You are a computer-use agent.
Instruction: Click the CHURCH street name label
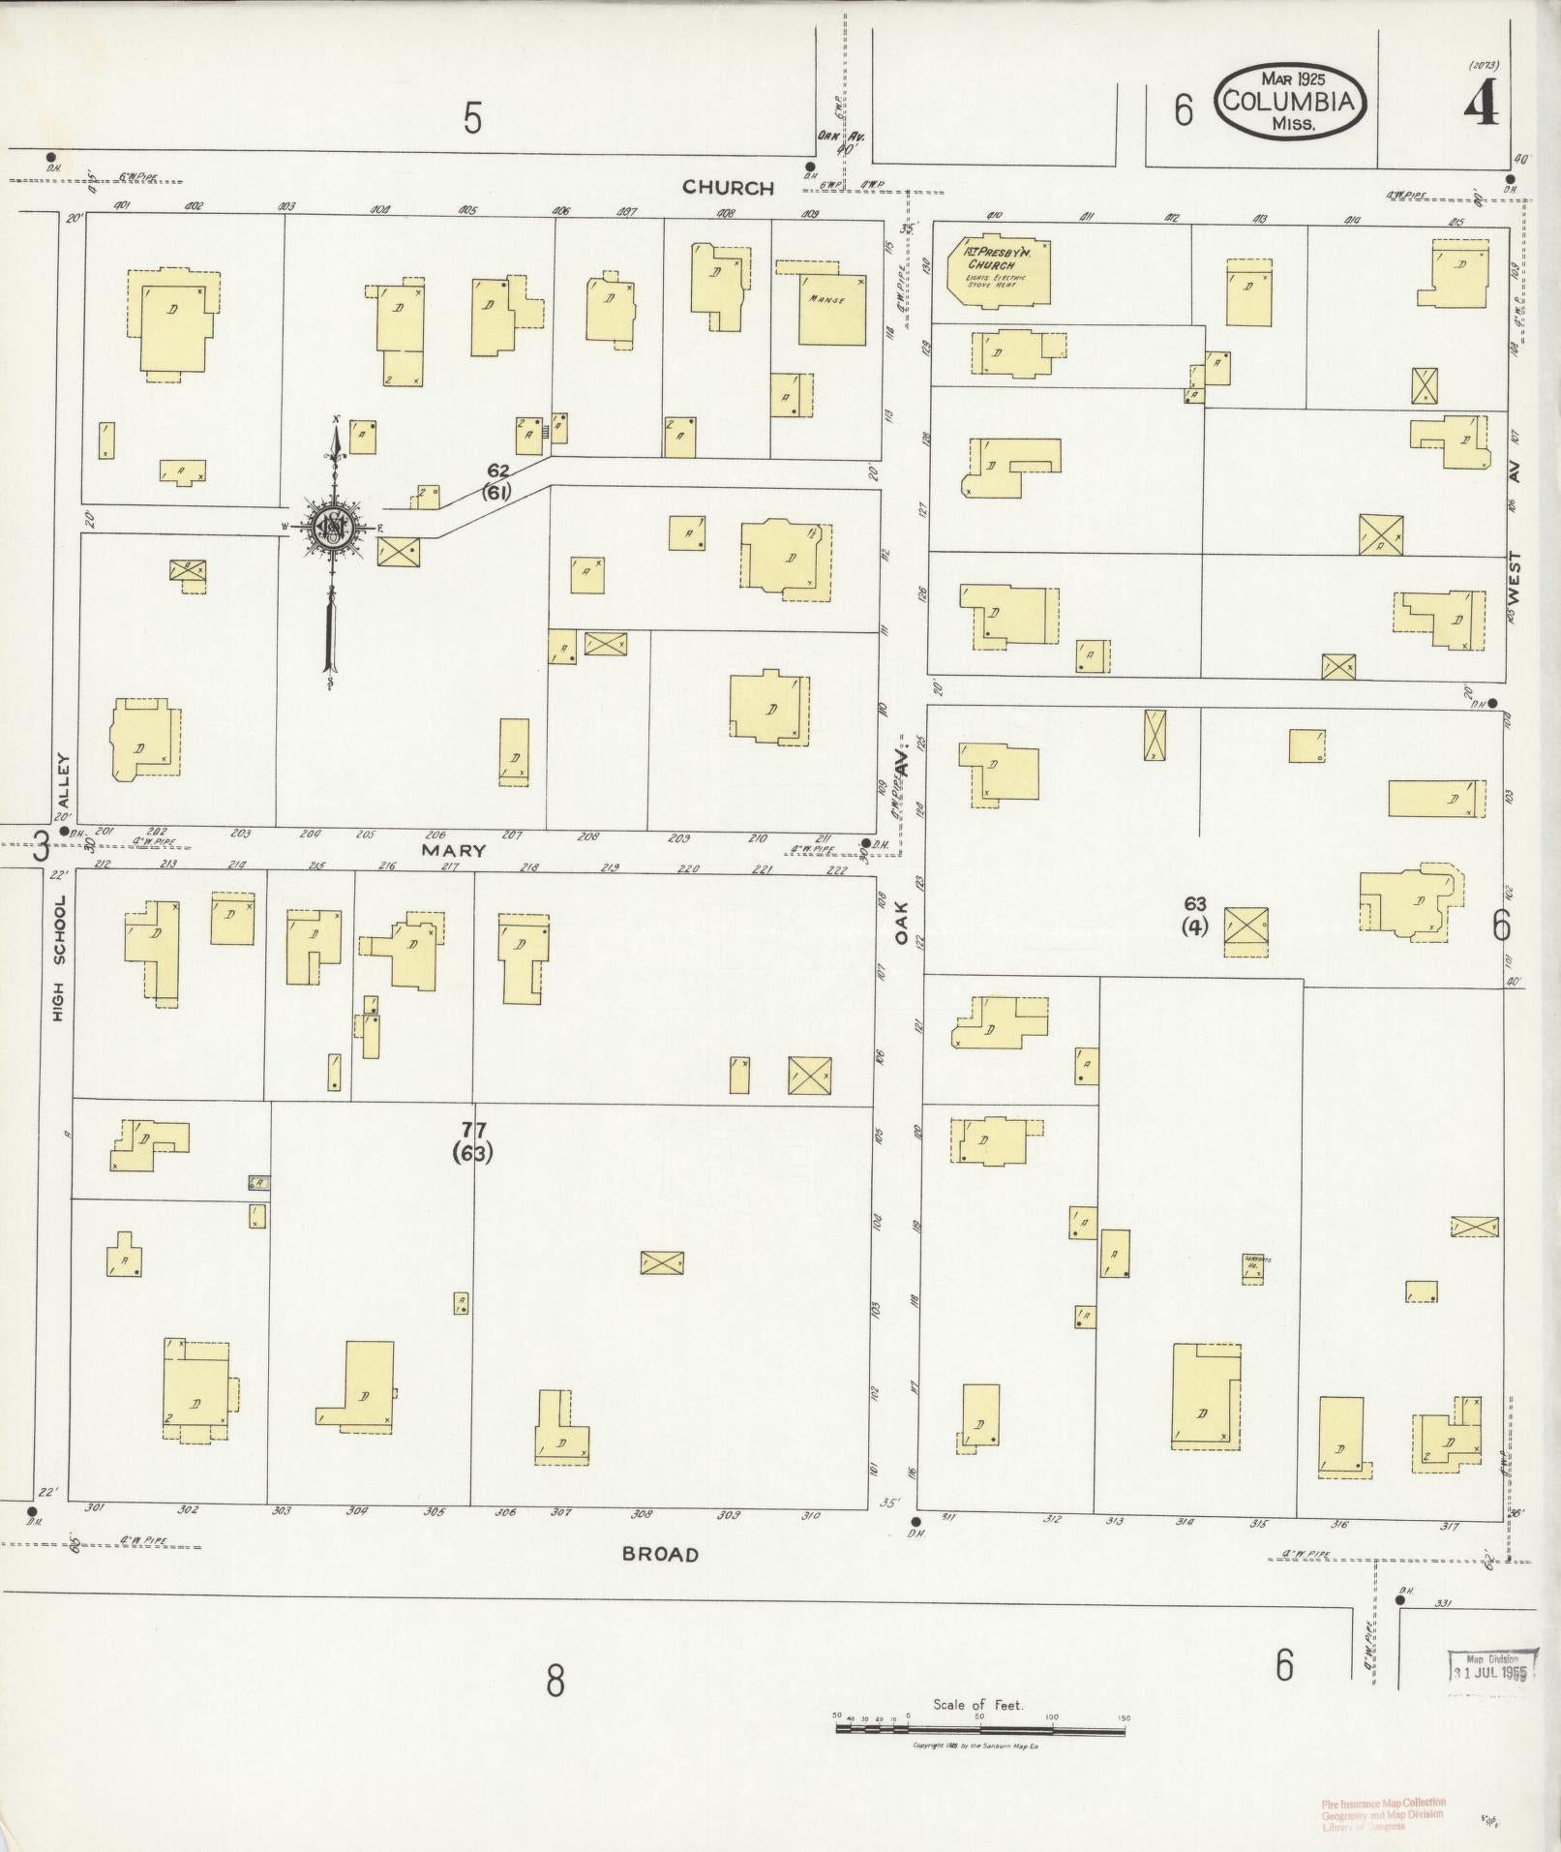click(728, 188)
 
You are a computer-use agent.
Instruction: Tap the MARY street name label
click(451, 850)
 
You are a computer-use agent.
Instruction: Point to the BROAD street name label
click(660, 1555)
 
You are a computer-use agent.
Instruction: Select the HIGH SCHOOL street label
click(60, 958)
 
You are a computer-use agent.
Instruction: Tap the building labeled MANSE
click(831, 309)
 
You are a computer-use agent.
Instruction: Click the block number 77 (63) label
click(473, 1141)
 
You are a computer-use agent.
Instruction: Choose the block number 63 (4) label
click(1195, 914)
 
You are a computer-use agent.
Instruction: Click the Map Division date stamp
click(1491, 1664)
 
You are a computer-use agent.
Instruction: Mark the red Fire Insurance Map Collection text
click(1383, 1813)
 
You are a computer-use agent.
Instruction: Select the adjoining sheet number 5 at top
click(472, 118)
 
